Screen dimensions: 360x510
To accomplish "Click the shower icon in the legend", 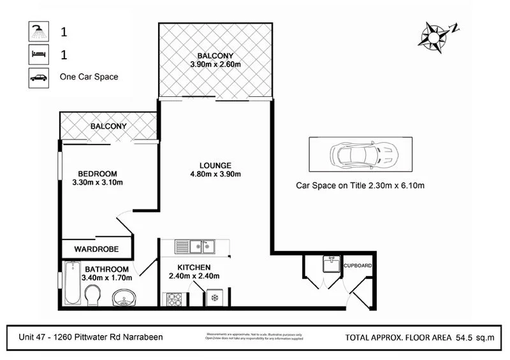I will [38, 31].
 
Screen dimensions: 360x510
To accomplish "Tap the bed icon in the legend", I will [38, 54].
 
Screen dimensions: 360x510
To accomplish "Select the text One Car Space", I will [89, 77].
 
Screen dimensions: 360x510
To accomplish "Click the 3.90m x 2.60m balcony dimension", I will [215, 64].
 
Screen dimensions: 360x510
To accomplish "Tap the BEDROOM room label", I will [98, 174].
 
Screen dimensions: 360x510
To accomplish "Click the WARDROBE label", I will [94, 248].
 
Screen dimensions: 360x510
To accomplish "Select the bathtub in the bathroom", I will [71, 284].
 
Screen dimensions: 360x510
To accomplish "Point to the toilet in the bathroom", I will [92, 295].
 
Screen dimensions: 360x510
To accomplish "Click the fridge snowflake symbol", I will [215, 298].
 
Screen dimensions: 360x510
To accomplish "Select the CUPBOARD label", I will [358, 265].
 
